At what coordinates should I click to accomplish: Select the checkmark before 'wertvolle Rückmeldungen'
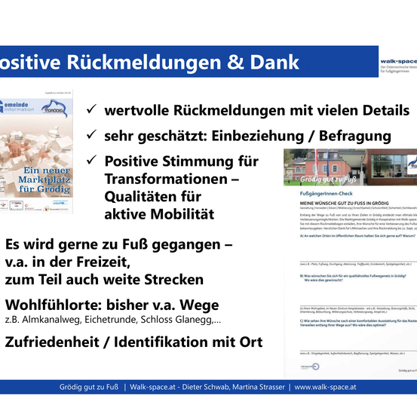[x=90, y=110]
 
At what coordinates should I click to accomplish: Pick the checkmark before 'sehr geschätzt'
[x=90, y=136]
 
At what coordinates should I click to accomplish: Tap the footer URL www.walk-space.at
[x=325, y=387]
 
